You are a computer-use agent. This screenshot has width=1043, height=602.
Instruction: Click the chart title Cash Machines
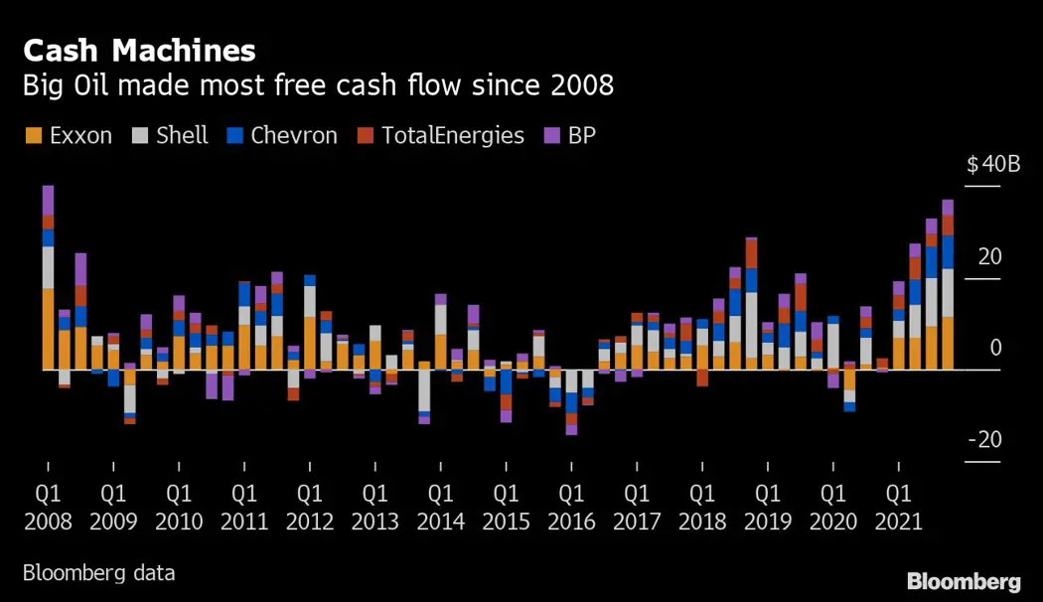click(139, 51)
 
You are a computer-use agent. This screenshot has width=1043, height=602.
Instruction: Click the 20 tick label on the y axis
click(989, 256)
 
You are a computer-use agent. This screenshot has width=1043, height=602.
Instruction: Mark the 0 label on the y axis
click(995, 348)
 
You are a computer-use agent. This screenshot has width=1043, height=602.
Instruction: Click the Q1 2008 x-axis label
click(48, 507)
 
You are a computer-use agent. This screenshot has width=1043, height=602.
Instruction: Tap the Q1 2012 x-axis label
click(309, 507)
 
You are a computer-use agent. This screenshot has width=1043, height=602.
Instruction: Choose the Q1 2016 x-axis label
click(571, 507)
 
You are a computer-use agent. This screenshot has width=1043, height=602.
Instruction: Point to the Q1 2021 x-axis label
click(898, 507)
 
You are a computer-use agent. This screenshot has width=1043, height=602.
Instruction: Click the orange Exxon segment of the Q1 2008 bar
click(48, 329)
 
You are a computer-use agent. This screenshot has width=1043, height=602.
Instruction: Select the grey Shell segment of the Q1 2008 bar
click(48, 267)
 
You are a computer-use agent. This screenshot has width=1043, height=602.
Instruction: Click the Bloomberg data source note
click(98, 573)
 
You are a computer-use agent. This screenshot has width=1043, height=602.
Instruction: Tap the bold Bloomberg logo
click(964, 580)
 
